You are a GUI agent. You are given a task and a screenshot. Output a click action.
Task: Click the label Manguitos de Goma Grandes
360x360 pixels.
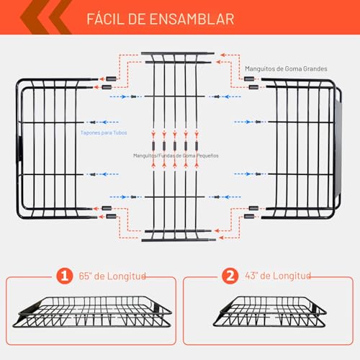coord(286,69)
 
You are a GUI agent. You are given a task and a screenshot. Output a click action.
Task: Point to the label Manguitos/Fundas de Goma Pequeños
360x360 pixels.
coord(176,155)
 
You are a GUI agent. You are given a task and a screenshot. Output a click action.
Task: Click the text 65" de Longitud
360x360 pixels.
coord(112,276)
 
